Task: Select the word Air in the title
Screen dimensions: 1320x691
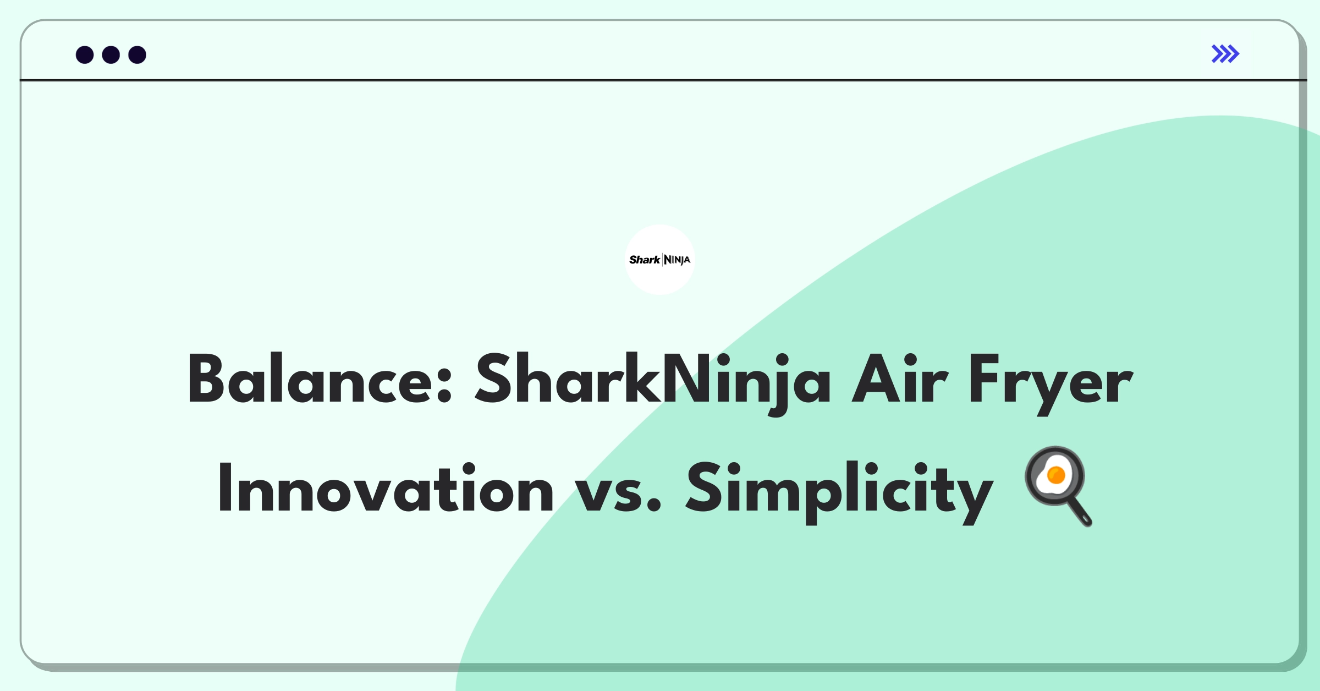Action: tap(900, 379)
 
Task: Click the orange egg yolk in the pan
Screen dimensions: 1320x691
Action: tap(1056, 474)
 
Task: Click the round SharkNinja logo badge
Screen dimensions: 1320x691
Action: tap(660, 260)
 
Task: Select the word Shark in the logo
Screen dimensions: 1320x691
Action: tap(645, 260)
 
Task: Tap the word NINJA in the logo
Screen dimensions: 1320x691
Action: tap(677, 260)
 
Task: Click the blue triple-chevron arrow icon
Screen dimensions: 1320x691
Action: tap(1225, 54)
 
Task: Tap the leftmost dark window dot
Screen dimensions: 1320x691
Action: tap(85, 54)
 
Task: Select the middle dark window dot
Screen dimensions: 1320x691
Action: tap(111, 54)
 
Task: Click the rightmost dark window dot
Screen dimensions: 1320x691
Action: tap(137, 54)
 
